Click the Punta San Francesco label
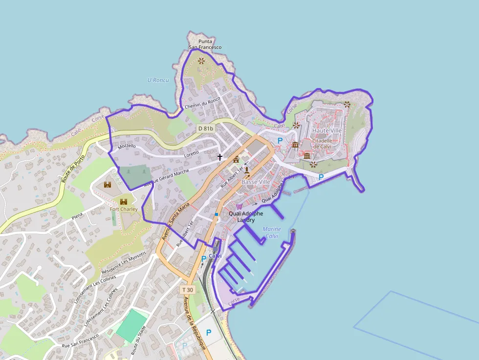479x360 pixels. [205, 44]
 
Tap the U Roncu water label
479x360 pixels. [158, 80]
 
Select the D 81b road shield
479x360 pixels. [206, 128]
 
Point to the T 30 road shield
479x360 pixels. [188, 290]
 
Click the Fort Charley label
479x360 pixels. [124, 210]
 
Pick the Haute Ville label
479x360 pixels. [327, 131]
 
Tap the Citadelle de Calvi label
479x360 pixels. [323, 144]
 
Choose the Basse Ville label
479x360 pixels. [256, 182]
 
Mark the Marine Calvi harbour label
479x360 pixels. [272, 233]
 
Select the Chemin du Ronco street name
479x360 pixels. [202, 103]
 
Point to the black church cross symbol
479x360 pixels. [220, 157]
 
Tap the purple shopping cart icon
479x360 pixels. [239, 207]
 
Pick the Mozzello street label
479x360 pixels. [127, 146]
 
